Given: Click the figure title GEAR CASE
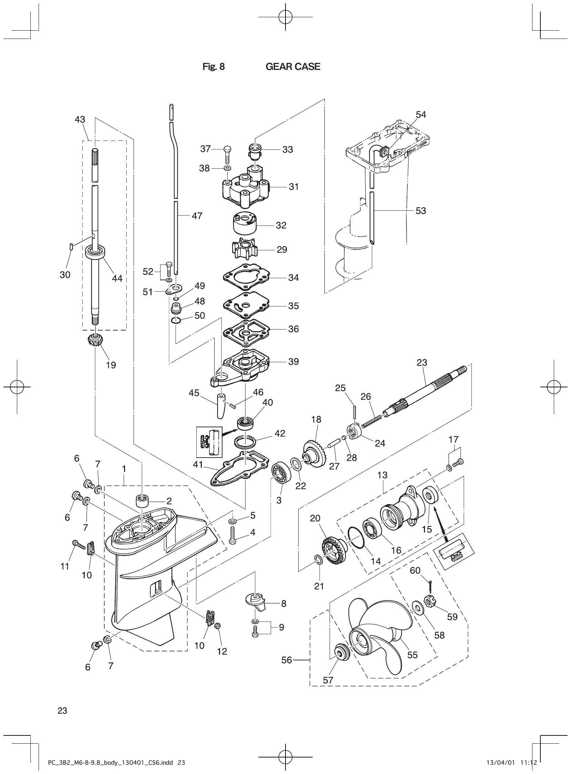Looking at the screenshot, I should tap(293, 67).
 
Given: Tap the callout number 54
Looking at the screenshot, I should tap(421, 114).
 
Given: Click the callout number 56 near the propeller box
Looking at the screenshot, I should tap(287, 660).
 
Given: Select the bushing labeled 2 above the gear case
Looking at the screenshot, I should tap(142, 500).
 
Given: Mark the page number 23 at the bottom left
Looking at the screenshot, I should tap(62, 711).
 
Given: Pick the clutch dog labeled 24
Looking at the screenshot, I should tap(354, 432).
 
